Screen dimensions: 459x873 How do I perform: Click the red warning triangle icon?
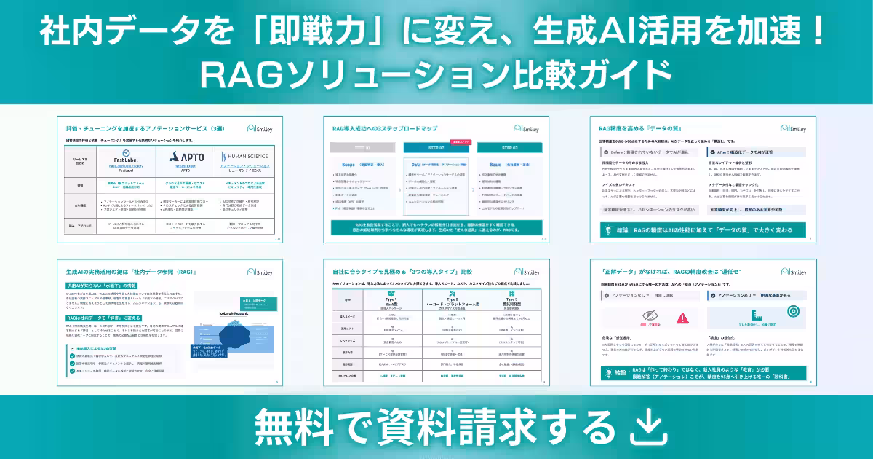tap(682, 318)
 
